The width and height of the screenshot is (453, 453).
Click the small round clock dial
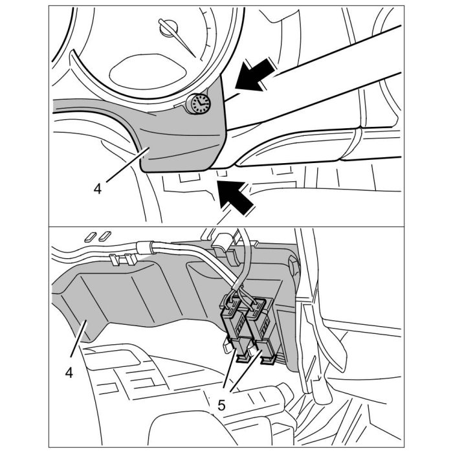[199, 104]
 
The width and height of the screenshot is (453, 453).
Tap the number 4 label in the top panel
[98, 189]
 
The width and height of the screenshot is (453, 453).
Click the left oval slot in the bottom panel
[90, 234]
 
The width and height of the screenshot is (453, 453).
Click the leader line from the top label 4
[123, 168]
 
